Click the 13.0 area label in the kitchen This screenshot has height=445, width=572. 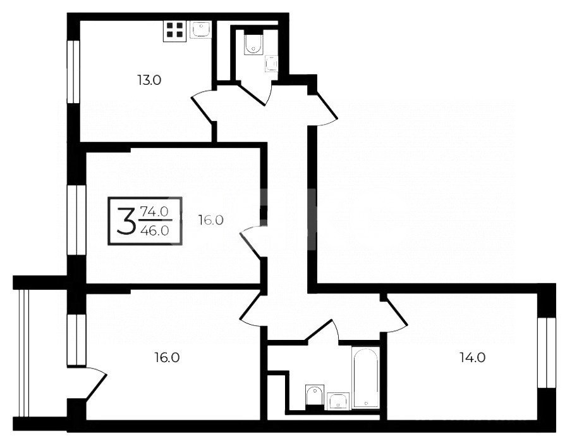[149, 80]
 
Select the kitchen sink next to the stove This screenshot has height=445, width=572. [200, 30]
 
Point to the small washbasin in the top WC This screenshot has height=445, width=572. [271, 64]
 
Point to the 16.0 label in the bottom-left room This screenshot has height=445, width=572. [167, 357]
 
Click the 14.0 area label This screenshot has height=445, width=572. [472, 358]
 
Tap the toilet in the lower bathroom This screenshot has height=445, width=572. [315, 396]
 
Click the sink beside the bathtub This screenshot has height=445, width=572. [338, 401]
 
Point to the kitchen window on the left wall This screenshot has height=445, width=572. [73, 72]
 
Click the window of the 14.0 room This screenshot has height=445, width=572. [547, 353]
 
